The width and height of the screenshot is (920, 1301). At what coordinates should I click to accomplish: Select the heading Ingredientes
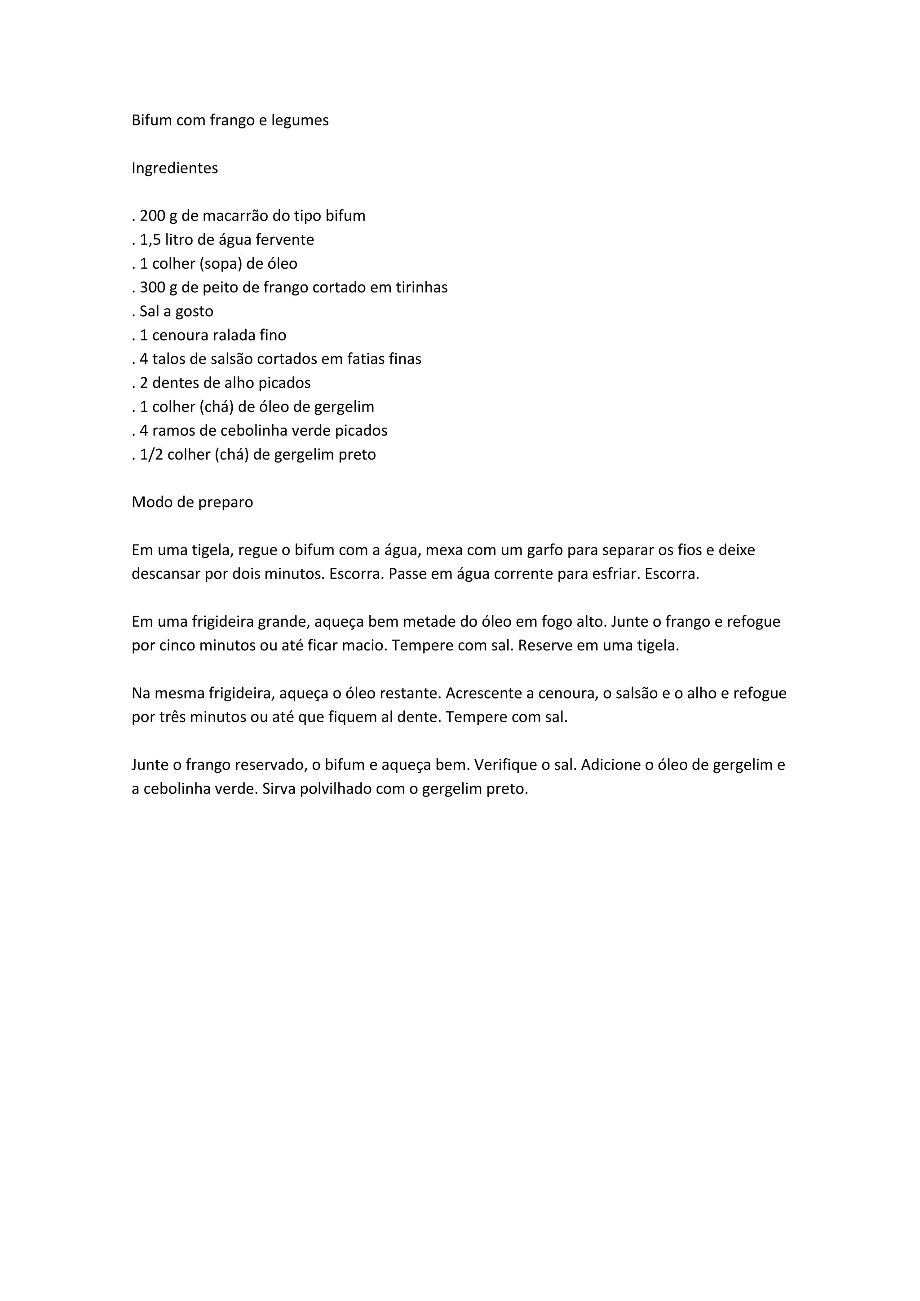click(174, 168)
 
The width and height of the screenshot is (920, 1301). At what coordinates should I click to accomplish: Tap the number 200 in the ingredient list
click(152, 216)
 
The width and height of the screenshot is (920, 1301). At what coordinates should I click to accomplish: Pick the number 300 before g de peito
click(152, 287)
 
